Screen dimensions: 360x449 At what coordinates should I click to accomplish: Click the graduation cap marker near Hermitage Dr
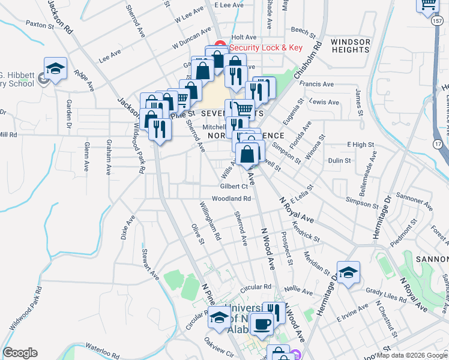[348, 274]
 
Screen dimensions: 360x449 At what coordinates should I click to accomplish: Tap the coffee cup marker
[262, 324]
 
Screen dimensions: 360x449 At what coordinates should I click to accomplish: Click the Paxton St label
[40, 25]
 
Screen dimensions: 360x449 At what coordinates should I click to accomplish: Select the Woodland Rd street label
[231, 198]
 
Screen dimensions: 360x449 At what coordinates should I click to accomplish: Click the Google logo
[20, 353]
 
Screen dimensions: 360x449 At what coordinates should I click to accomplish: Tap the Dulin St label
[339, 160]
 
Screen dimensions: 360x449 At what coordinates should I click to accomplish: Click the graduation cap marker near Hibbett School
[55, 70]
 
